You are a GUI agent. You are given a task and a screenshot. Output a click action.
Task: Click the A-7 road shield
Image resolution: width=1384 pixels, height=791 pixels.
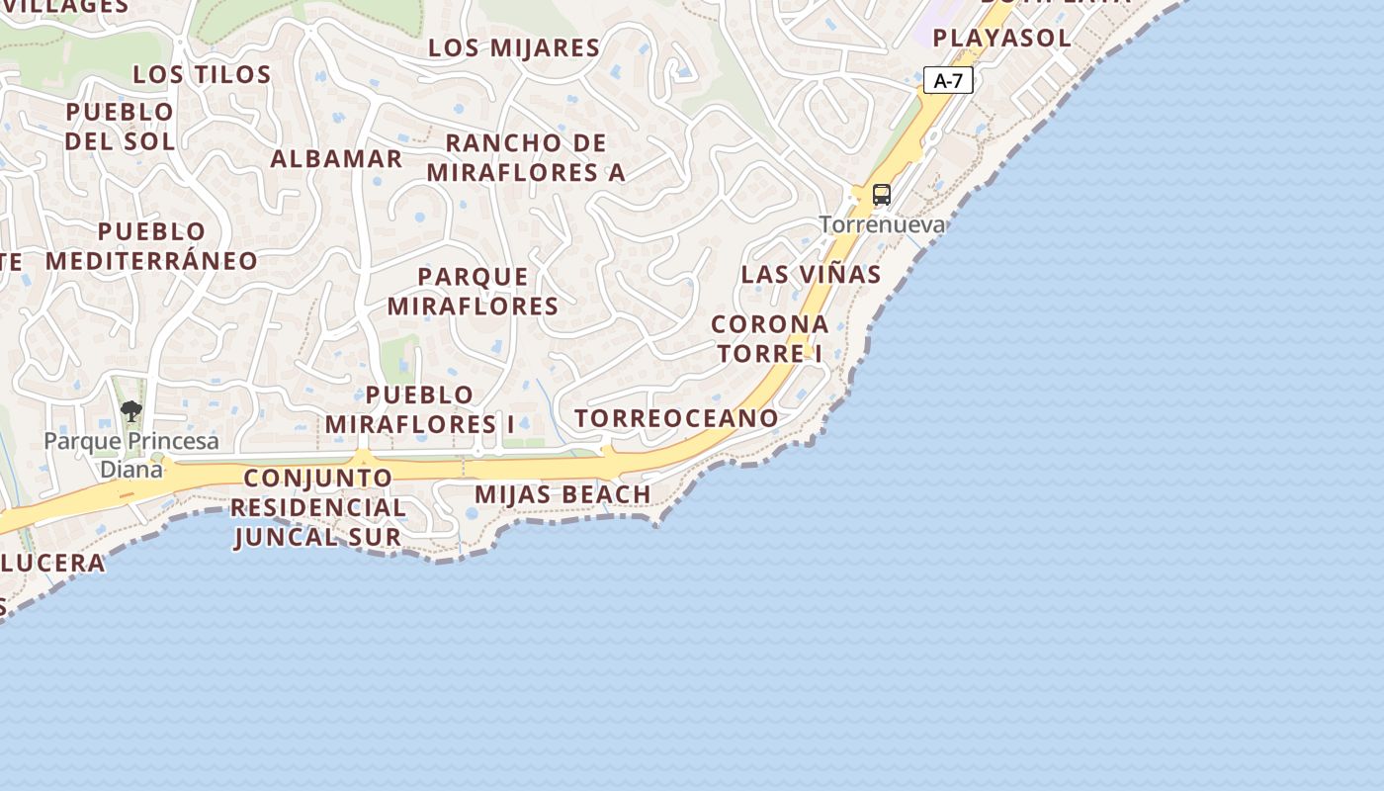pos(948,81)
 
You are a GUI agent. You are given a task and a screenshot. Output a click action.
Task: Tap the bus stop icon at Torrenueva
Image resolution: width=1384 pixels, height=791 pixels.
pos(881,195)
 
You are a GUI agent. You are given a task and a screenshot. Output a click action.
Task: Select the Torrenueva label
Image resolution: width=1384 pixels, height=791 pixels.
pos(881,224)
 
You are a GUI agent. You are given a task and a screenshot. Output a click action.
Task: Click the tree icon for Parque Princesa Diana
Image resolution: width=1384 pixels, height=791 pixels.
pos(130,410)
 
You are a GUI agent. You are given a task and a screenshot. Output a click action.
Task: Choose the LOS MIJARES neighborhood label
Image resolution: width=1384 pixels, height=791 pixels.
pos(514,47)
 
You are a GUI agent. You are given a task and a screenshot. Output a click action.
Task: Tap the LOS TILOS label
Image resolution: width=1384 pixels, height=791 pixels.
pos(202,74)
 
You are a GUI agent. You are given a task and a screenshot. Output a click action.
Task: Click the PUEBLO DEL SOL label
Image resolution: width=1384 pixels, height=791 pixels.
pos(120,126)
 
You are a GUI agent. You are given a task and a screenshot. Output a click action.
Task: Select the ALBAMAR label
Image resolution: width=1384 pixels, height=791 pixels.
pos(336,158)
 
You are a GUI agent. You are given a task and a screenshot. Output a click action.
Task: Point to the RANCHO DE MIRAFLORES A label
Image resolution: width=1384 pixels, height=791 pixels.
pos(526,156)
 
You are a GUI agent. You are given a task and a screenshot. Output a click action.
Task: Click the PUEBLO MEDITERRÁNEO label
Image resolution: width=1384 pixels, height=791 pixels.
pos(151,246)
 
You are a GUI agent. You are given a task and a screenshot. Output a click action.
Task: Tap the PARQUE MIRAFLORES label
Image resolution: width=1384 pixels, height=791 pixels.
pos(473,291)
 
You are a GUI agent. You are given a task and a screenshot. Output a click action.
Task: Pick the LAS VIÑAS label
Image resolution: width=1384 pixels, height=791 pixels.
pos(811,274)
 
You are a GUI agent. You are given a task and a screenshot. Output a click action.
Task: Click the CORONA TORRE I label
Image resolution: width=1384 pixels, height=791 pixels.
pos(769,338)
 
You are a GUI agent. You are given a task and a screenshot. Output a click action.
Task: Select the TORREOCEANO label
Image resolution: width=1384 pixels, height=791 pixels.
pos(676,418)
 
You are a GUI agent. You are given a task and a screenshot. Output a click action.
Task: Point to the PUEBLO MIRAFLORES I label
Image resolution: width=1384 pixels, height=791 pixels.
pos(419,409)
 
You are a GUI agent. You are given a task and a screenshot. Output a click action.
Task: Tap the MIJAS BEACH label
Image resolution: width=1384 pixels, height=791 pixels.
pos(562,493)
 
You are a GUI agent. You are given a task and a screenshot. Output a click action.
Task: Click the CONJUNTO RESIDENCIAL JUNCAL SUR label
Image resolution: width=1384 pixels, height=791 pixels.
pos(317,507)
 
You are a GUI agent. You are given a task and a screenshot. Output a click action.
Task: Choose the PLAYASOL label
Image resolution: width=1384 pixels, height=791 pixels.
pos(1001,38)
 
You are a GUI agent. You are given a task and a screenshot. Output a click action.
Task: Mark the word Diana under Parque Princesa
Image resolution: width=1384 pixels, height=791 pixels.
pos(130,468)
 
